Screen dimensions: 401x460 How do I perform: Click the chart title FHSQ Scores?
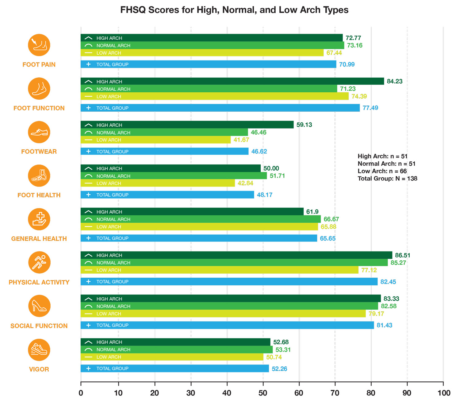[x=234, y=10]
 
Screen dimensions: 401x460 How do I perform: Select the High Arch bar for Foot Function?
[x=232, y=81]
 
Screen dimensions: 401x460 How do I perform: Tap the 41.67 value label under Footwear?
[x=241, y=140]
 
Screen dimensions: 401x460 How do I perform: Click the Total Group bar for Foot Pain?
[x=209, y=64]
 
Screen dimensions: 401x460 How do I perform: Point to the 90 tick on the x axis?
[x=407, y=393]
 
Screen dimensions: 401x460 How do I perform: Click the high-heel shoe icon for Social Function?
[x=39, y=306]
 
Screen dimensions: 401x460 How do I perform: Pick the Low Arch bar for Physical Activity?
[x=220, y=270]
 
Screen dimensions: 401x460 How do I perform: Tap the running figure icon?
[x=39, y=263]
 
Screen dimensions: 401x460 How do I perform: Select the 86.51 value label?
[x=402, y=255]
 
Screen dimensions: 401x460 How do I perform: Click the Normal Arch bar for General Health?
[x=201, y=219]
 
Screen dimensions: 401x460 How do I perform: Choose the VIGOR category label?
[x=39, y=369]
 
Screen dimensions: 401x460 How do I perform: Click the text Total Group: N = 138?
[x=387, y=179]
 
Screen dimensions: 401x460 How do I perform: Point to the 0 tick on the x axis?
[x=81, y=393]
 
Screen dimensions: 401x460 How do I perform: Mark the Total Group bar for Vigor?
[x=175, y=368]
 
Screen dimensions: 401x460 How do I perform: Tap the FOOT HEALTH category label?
[x=39, y=195]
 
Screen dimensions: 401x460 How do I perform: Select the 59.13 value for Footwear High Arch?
[x=304, y=125]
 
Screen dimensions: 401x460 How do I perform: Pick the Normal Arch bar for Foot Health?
[x=174, y=176]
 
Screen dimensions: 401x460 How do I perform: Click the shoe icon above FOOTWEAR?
[x=39, y=132]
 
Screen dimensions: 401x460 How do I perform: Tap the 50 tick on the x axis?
[x=263, y=393]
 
